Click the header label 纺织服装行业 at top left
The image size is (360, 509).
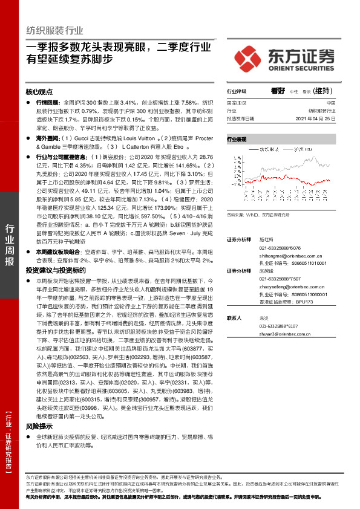tap(55, 30)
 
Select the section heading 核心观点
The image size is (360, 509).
tap(39, 92)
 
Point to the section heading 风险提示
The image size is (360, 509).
tap(39, 426)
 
